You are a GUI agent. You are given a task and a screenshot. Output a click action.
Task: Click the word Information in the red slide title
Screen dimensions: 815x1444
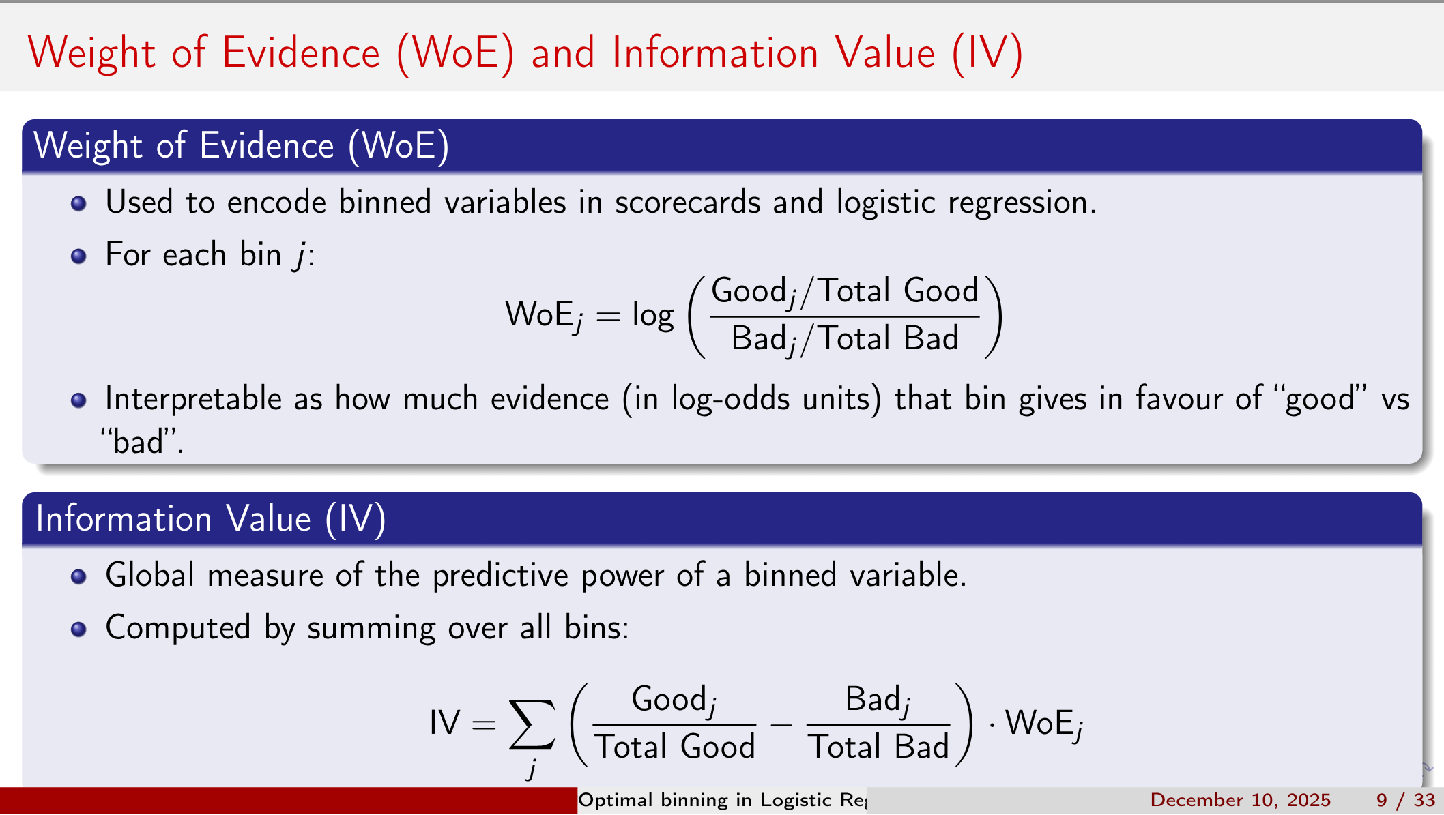click(x=715, y=53)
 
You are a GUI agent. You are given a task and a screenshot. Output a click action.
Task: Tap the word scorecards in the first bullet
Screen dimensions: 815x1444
click(x=687, y=203)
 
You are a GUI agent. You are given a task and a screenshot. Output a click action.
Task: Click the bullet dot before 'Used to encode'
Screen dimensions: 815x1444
click(x=78, y=203)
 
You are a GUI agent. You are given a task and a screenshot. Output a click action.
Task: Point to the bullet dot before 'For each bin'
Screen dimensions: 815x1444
click(x=78, y=256)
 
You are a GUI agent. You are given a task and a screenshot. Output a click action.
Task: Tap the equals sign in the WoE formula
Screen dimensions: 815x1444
click(x=607, y=316)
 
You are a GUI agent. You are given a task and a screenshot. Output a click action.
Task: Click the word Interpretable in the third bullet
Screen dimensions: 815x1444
click(x=193, y=399)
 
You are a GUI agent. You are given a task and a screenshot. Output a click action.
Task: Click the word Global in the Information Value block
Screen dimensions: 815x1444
click(x=150, y=575)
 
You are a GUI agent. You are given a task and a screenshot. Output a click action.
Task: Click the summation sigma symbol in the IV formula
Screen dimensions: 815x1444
click(x=532, y=724)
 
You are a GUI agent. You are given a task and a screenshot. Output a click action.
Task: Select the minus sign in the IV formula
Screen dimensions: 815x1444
click(x=781, y=724)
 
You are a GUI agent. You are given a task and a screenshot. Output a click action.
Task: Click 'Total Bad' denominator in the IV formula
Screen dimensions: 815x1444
click(x=878, y=747)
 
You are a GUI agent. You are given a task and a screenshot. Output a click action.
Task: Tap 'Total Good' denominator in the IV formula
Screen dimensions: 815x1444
click(x=674, y=747)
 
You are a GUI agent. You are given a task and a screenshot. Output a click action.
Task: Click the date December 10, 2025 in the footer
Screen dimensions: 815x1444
click(x=1240, y=800)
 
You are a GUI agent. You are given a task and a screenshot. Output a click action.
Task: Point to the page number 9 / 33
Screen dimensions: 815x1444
click(x=1406, y=800)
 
